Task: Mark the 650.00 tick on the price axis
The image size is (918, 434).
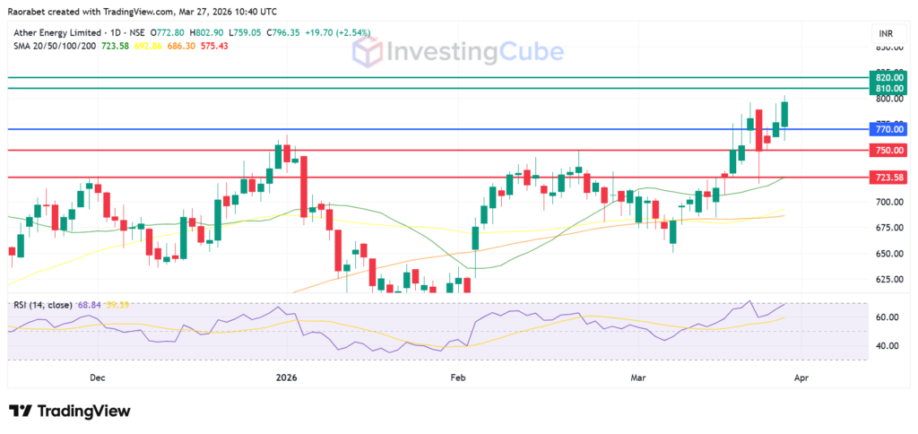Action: (888, 254)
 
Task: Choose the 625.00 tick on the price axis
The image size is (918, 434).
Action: (888, 280)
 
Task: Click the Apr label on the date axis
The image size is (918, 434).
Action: (801, 378)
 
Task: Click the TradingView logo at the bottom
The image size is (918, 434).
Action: (70, 411)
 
